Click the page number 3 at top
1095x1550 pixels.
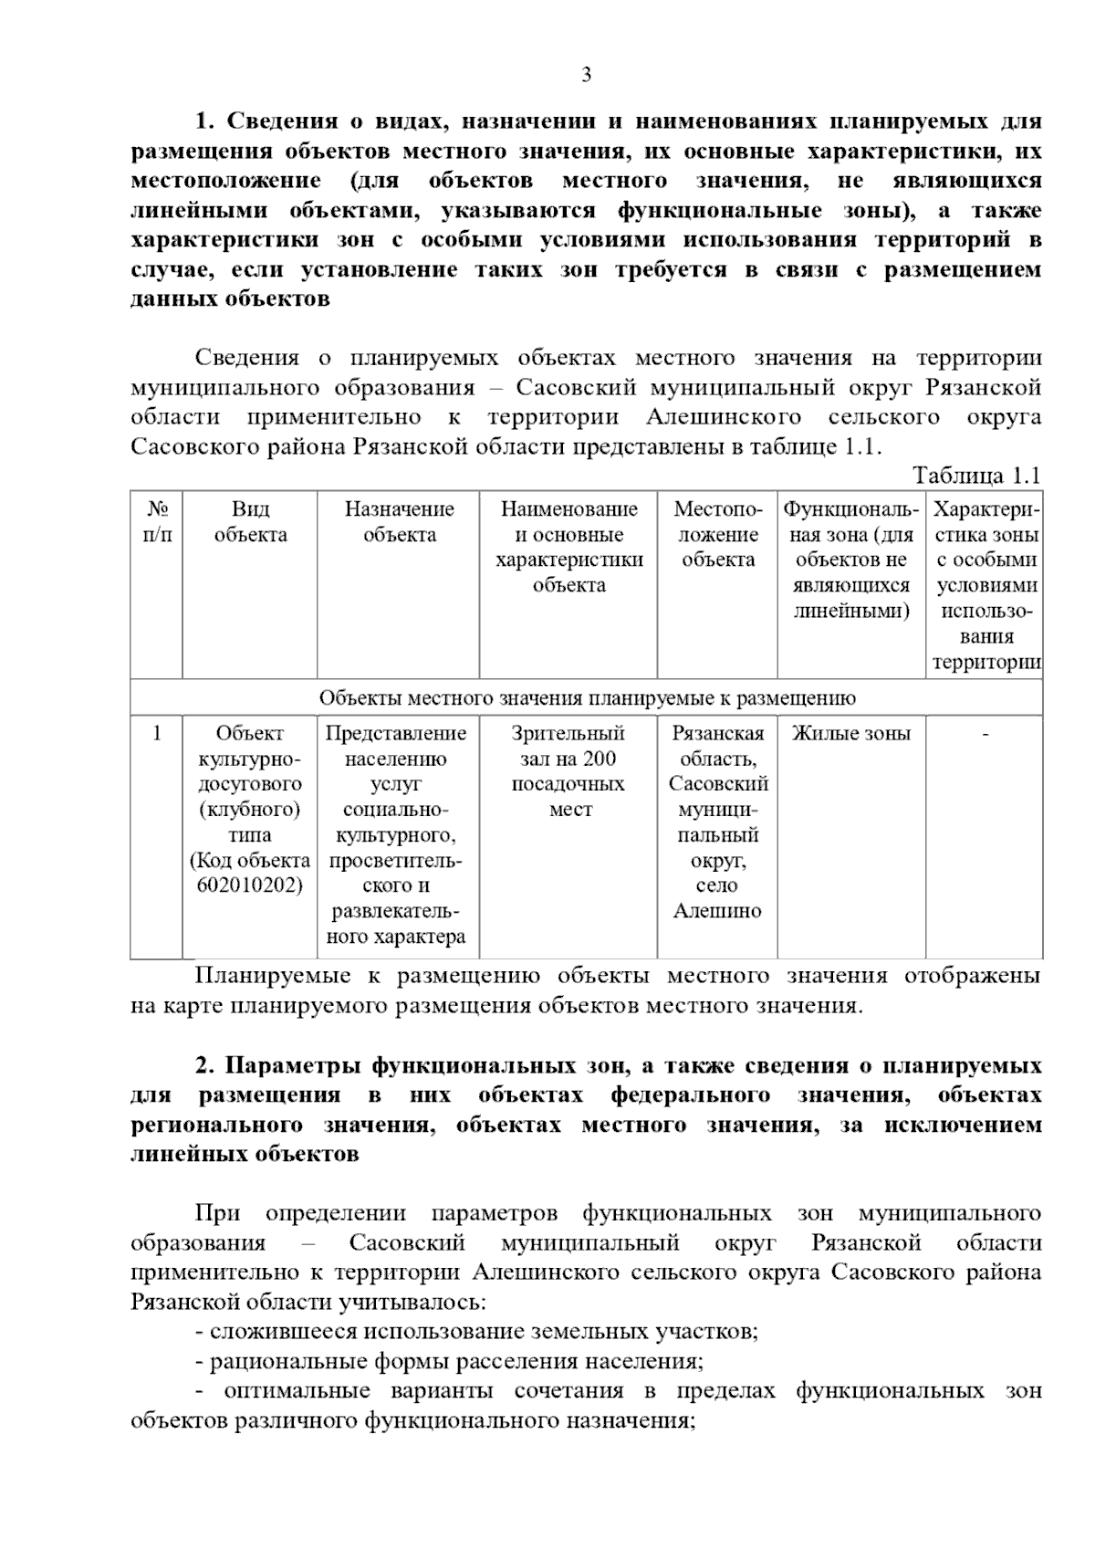(x=586, y=75)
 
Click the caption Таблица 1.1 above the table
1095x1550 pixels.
(x=976, y=476)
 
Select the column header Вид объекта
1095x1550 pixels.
(x=250, y=521)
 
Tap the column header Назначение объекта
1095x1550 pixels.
(x=399, y=521)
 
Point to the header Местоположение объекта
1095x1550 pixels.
(x=717, y=534)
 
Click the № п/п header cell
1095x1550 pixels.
(x=157, y=521)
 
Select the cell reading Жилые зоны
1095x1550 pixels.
(x=850, y=733)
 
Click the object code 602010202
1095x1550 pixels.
(x=249, y=885)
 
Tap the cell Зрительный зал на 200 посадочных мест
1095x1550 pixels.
(x=568, y=771)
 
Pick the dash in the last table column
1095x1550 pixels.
(x=985, y=734)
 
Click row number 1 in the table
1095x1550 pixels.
(x=157, y=733)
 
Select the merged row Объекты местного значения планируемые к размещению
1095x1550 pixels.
(x=586, y=698)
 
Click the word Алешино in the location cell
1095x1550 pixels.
(x=716, y=911)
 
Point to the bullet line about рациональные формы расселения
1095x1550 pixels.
(x=449, y=1362)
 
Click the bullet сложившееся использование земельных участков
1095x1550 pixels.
(x=476, y=1332)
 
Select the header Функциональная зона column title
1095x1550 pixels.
(x=850, y=559)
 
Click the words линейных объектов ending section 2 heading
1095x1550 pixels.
(x=245, y=1155)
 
